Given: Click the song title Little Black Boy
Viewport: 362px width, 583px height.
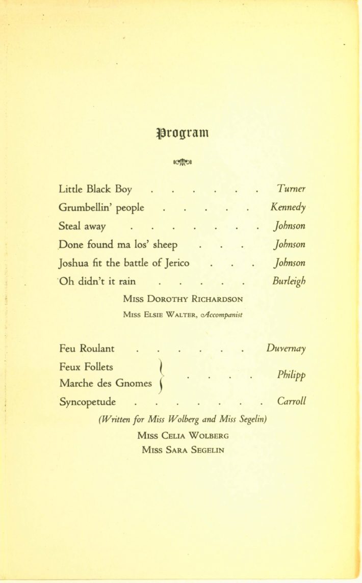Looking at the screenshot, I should [96, 190].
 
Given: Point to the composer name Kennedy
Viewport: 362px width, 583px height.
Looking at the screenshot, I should [289, 208].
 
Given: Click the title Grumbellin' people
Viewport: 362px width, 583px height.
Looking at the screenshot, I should [101, 208].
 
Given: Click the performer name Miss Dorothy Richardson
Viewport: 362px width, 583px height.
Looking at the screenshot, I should [183, 299].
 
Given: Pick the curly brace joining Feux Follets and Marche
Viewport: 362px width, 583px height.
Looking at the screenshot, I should [160, 376].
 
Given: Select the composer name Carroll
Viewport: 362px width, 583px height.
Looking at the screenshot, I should [292, 401].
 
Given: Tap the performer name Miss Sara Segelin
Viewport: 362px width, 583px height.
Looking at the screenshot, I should [183, 450].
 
